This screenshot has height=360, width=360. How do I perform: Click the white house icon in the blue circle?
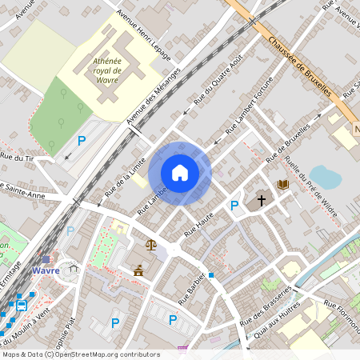[x=180, y=173]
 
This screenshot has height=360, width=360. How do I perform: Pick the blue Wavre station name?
[x=46, y=270]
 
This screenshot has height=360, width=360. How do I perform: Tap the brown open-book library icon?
[x=282, y=185]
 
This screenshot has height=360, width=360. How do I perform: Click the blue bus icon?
[x=22, y=304]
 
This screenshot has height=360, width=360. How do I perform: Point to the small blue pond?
[x=326, y=177]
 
